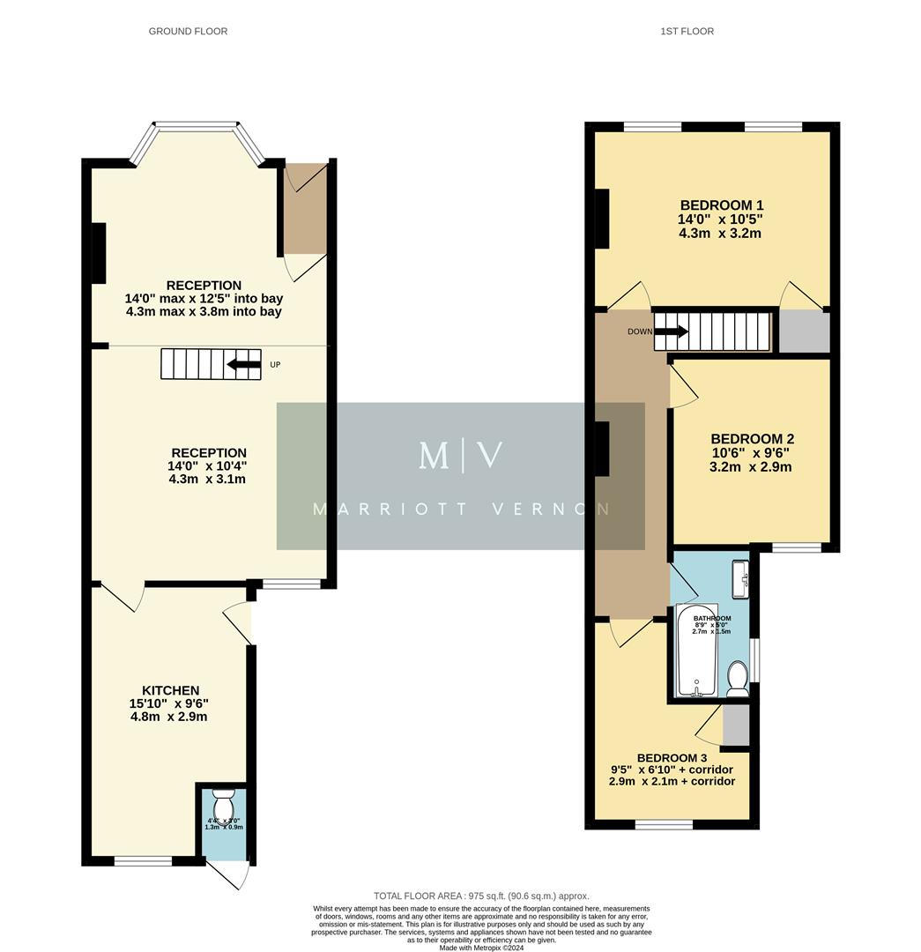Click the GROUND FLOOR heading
coord(188,32)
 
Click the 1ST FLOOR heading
coord(687,32)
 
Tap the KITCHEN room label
coord(170,690)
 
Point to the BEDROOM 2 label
coord(752,439)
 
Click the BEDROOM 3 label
coord(672,758)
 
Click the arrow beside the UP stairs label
coord(243,364)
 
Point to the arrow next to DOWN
coord(672,331)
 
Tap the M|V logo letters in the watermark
coord(461,456)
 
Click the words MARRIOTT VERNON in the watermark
coord(461,509)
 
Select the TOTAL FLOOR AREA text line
coord(481,896)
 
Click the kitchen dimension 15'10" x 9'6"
coord(170,703)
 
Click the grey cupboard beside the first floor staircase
coord(804,331)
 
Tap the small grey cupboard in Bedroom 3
coord(735,725)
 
